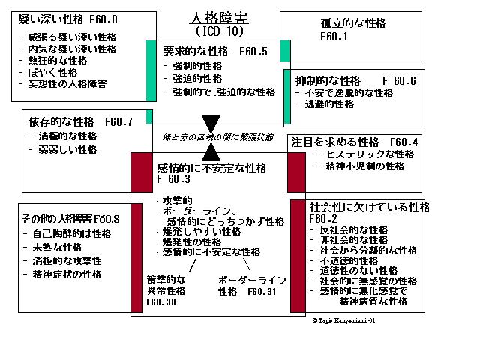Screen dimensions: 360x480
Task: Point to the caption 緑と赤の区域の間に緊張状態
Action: coord(211,137)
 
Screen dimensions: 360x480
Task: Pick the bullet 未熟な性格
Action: coord(60,247)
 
